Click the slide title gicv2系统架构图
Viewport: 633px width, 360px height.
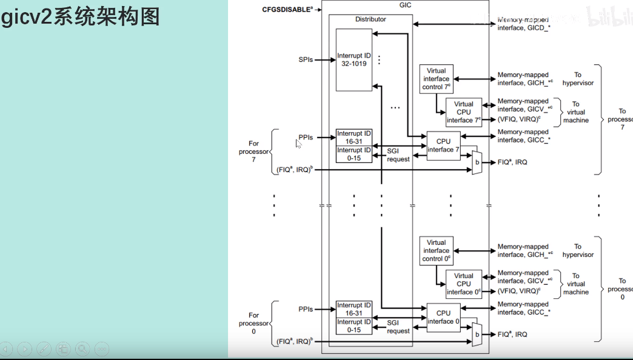pyautogui.click(x=81, y=16)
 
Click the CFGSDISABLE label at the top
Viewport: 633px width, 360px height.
pyautogui.click(x=287, y=10)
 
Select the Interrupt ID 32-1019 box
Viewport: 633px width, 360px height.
pyautogui.click(x=354, y=59)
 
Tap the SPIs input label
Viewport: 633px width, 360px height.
pyautogui.click(x=306, y=59)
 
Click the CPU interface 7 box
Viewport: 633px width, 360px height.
pyautogui.click(x=443, y=145)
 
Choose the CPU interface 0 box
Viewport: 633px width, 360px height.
pyautogui.click(x=443, y=317)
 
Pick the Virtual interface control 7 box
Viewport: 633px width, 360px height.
pyautogui.click(x=436, y=79)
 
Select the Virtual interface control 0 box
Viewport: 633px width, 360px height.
pyautogui.click(x=436, y=250)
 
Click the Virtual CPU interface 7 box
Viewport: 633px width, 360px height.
pyautogui.click(x=464, y=112)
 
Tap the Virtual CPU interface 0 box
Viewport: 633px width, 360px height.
pyautogui.click(x=464, y=284)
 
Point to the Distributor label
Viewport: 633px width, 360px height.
pyautogui.click(x=370, y=19)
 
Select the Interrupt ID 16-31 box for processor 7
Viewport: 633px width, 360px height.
pyautogui.click(x=354, y=137)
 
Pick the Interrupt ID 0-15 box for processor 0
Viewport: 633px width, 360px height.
pyautogui.click(x=354, y=326)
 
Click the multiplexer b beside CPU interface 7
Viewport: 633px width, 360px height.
pyautogui.click(x=477, y=162)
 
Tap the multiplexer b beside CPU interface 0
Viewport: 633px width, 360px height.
pyautogui.click(x=477, y=334)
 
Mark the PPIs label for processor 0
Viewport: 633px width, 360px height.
pyautogui.click(x=306, y=309)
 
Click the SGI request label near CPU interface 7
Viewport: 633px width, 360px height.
pyautogui.click(x=398, y=155)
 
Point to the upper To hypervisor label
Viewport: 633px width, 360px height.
pyautogui.click(x=578, y=79)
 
